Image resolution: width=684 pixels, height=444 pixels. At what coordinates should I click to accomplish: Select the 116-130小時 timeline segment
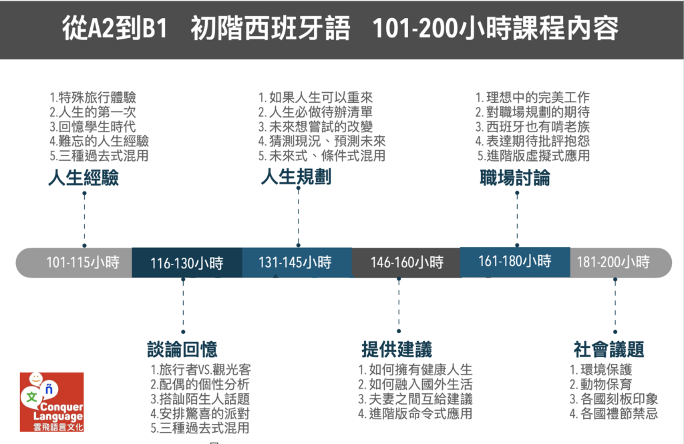[187, 262]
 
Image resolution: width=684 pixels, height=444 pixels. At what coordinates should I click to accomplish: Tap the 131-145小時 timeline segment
[297, 262]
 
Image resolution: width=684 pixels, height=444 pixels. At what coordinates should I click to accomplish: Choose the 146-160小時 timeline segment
[406, 262]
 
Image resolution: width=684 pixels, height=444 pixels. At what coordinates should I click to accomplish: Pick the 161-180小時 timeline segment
[515, 262]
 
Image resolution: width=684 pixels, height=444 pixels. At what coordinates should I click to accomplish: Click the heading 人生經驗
[83, 178]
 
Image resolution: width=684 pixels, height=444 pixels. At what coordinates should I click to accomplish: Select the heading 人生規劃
[296, 177]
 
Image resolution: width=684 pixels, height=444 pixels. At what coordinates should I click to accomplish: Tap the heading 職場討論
[515, 178]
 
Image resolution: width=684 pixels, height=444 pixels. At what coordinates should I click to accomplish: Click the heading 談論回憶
[182, 349]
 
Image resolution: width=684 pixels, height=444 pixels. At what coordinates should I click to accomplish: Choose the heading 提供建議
[397, 349]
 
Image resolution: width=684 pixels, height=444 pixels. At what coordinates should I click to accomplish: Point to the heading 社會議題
[609, 349]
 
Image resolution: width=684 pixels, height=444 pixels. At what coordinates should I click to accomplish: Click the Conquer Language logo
[51, 402]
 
